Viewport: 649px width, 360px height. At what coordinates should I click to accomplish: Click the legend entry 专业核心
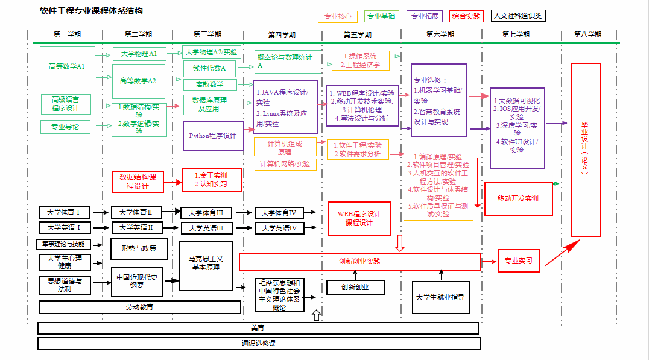(338, 17)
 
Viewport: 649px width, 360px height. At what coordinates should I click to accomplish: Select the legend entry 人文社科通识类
(518, 16)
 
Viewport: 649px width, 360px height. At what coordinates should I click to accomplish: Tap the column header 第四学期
(283, 34)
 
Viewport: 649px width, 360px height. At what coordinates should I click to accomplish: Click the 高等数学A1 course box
(67, 66)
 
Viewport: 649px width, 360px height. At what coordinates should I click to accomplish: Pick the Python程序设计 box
(213, 136)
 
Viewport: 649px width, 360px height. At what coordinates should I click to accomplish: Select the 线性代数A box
(209, 68)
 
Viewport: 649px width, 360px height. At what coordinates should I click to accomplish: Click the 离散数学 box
(209, 84)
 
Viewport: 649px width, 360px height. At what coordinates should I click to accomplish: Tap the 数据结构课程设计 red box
(138, 182)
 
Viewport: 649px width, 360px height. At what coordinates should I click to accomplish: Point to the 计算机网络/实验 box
(285, 164)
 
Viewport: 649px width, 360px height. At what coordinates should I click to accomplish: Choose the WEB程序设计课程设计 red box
(359, 218)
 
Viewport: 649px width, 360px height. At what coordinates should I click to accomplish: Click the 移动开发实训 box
(518, 198)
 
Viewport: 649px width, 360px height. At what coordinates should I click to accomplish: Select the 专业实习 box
(519, 261)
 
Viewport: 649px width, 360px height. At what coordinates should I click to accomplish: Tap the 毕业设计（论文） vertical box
(585, 150)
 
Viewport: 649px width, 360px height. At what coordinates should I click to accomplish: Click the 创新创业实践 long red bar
(359, 262)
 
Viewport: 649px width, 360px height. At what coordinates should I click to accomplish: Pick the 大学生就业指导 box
(440, 297)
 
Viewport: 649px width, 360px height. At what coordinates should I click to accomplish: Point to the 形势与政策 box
(138, 248)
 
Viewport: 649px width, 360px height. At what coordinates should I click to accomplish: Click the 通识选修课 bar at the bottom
(259, 343)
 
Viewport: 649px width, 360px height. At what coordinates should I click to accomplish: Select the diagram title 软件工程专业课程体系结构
(91, 11)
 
